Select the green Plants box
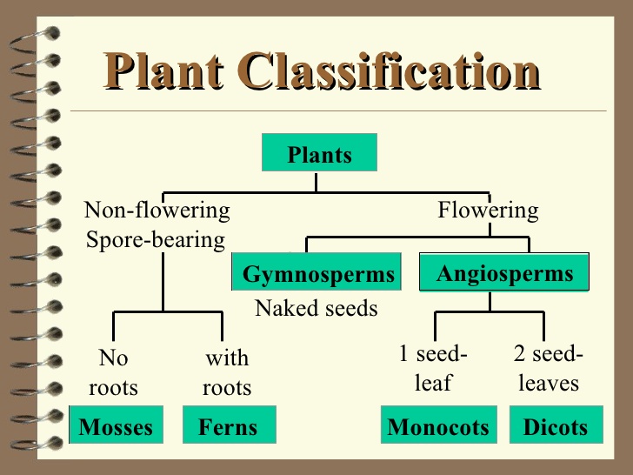pos(319,155)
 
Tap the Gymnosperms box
pos(317,274)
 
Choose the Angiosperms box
pos(504,273)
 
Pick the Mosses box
pos(116,426)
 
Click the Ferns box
pos(229,426)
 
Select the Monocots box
pos(438,426)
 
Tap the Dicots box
pos(555,426)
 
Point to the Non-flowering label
pos(157,211)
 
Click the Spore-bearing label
pos(156,238)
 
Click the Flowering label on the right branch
pos(488,211)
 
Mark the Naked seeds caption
pos(316,308)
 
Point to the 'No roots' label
pos(114,372)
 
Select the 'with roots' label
pos(227,372)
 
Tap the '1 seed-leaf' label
pos(433,368)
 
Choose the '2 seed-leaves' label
pos(549,368)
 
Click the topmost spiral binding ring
pos(43,35)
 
